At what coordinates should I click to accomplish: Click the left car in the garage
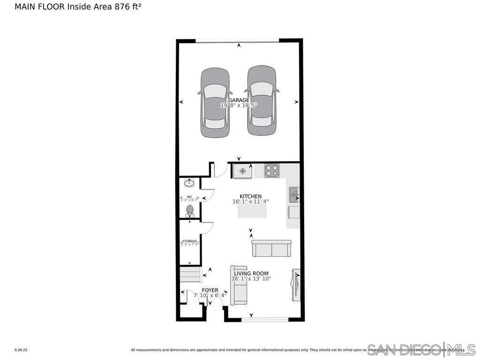215,103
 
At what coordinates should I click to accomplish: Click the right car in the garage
262,100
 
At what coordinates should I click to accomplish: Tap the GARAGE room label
239,100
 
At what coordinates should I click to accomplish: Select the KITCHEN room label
250,196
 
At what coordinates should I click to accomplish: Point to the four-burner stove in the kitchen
271,171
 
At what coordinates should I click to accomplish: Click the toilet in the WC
190,210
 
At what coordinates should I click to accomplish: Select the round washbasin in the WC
190,182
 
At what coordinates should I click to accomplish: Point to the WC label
189,197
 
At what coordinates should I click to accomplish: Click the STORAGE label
190,241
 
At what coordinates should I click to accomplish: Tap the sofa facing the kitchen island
271,248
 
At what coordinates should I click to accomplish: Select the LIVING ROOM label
251,273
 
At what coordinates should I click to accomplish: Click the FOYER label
210,290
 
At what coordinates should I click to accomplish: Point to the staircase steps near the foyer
190,275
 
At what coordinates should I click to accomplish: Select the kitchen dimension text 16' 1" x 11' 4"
250,202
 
